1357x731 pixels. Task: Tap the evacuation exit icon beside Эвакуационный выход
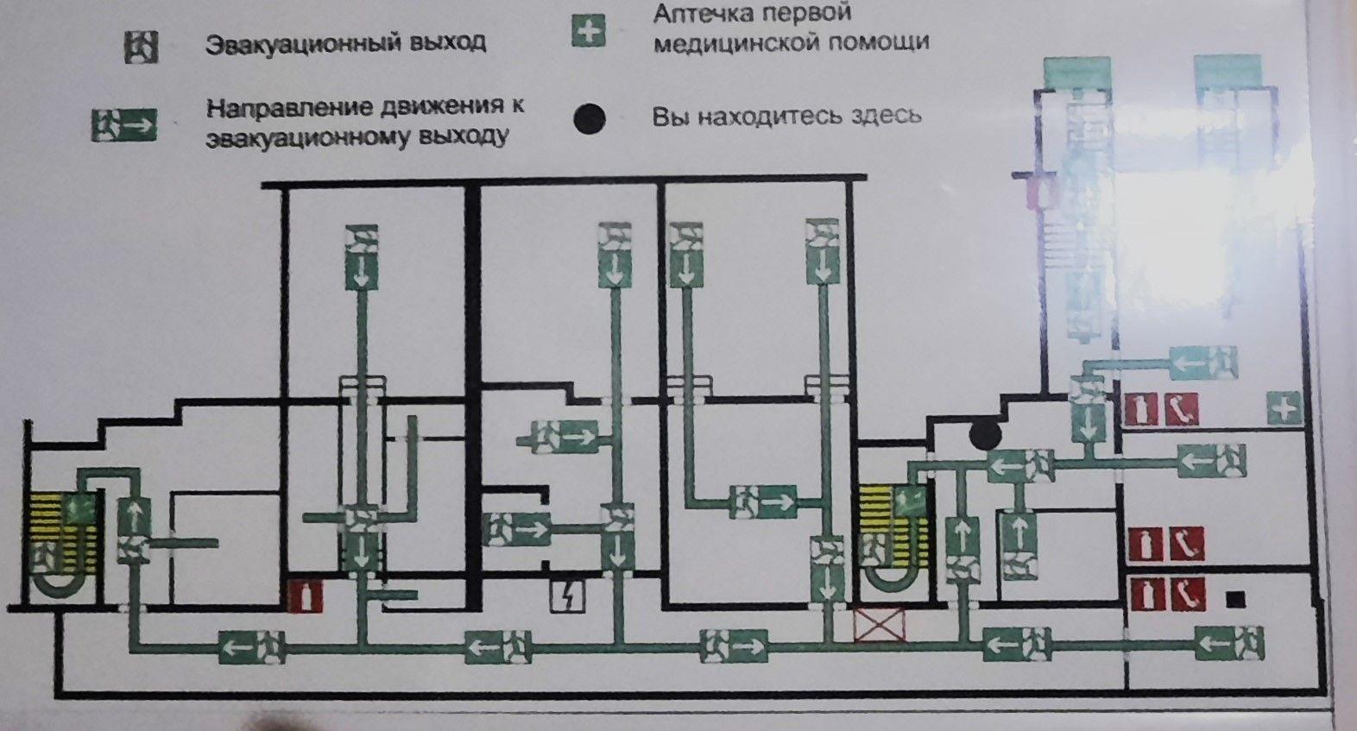coord(141,47)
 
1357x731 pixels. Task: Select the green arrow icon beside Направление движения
coord(123,125)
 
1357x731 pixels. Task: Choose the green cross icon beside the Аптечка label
coord(588,32)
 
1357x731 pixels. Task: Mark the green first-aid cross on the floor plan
coord(1284,407)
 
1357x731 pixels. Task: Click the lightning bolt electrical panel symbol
coord(567,596)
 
